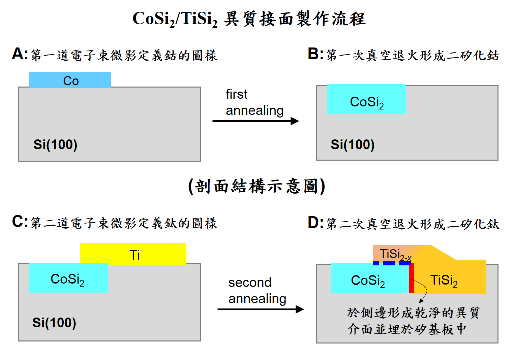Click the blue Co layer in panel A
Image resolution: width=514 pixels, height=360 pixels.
tap(70, 80)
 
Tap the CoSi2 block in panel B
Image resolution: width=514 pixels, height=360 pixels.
tap(366, 100)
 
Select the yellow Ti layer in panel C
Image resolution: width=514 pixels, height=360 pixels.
tap(133, 254)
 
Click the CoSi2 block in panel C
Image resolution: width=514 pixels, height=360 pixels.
tap(68, 278)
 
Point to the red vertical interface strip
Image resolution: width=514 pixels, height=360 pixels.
tap(411, 278)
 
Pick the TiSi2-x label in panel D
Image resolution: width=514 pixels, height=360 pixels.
tap(395, 254)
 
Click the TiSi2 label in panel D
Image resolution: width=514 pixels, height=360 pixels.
tap(444, 280)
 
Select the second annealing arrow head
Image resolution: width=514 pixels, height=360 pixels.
tap(300, 309)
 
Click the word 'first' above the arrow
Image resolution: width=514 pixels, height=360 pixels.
tap(236, 94)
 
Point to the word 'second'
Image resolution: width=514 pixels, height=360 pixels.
tap(250, 283)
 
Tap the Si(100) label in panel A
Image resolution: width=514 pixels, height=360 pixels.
tap(55, 144)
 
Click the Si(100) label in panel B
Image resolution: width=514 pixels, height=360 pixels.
tap(353, 144)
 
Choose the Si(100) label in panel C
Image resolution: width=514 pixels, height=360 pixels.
tap(54, 323)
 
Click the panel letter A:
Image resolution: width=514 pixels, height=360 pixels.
tap(20, 54)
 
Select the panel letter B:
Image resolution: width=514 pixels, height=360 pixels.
tap(315, 54)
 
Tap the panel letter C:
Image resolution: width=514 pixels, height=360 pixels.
tap(20, 222)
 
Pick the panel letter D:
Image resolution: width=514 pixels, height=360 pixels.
tap(315, 223)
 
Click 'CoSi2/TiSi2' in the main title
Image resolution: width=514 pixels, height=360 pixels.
tap(175, 19)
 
